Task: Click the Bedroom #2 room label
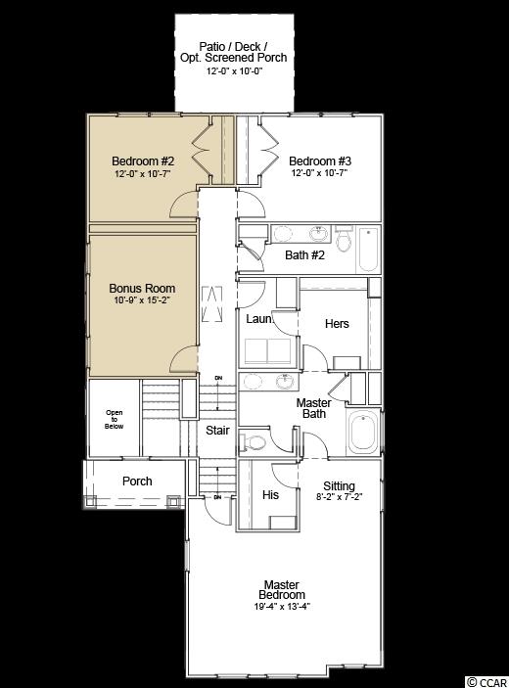(143, 161)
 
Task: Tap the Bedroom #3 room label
(320, 161)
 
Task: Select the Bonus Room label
(142, 289)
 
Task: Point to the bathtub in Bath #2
(368, 249)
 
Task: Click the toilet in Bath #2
(344, 238)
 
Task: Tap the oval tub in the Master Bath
(363, 433)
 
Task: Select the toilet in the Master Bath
(252, 442)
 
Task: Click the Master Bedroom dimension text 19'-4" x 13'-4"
(282, 607)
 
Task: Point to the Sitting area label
(339, 486)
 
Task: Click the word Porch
(137, 482)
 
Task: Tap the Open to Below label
(115, 419)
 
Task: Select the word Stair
(217, 431)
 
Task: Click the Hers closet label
(337, 324)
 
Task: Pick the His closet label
(270, 495)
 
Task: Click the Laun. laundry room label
(259, 319)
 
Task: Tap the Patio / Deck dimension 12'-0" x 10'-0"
(234, 71)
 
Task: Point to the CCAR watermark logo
(486, 682)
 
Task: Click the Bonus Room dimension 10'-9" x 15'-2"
(142, 300)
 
